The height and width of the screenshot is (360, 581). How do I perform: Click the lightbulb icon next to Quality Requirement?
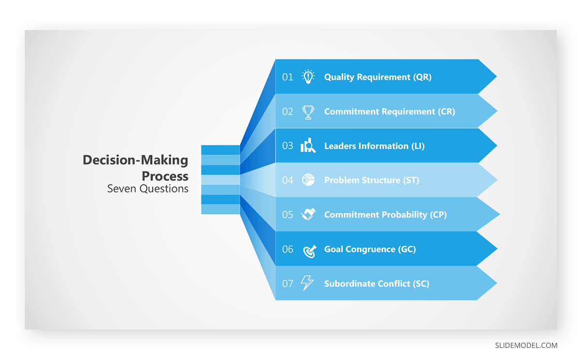308,77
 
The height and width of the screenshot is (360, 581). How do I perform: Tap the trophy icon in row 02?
308,112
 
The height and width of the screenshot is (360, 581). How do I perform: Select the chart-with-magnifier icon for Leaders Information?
308,145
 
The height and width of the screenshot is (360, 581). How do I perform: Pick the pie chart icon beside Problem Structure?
308,180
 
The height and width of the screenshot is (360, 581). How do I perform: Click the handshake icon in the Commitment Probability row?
308,214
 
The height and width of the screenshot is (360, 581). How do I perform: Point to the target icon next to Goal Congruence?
310,251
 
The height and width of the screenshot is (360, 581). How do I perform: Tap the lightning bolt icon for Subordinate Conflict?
307,282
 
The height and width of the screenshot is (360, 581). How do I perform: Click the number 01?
288,77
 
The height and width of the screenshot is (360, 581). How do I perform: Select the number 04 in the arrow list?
288,180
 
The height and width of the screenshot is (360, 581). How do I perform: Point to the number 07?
288,284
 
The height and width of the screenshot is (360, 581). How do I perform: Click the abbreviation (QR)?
422,77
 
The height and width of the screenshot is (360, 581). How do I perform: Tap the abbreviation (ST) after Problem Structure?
411,180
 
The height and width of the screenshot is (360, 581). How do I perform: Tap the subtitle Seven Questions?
148,188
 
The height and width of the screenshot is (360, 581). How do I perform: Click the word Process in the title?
165,176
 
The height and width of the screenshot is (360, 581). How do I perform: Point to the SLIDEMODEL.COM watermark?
526,345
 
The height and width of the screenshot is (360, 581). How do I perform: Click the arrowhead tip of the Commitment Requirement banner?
497,111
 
